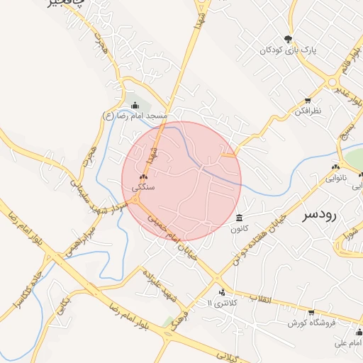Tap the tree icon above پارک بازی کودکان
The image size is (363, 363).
(288, 39)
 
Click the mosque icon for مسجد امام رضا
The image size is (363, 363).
(135, 106)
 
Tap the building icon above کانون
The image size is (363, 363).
(239, 218)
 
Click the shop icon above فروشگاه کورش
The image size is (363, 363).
(311, 312)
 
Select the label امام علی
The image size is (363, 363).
(349, 343)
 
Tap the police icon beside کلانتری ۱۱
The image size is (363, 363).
(223, 292)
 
